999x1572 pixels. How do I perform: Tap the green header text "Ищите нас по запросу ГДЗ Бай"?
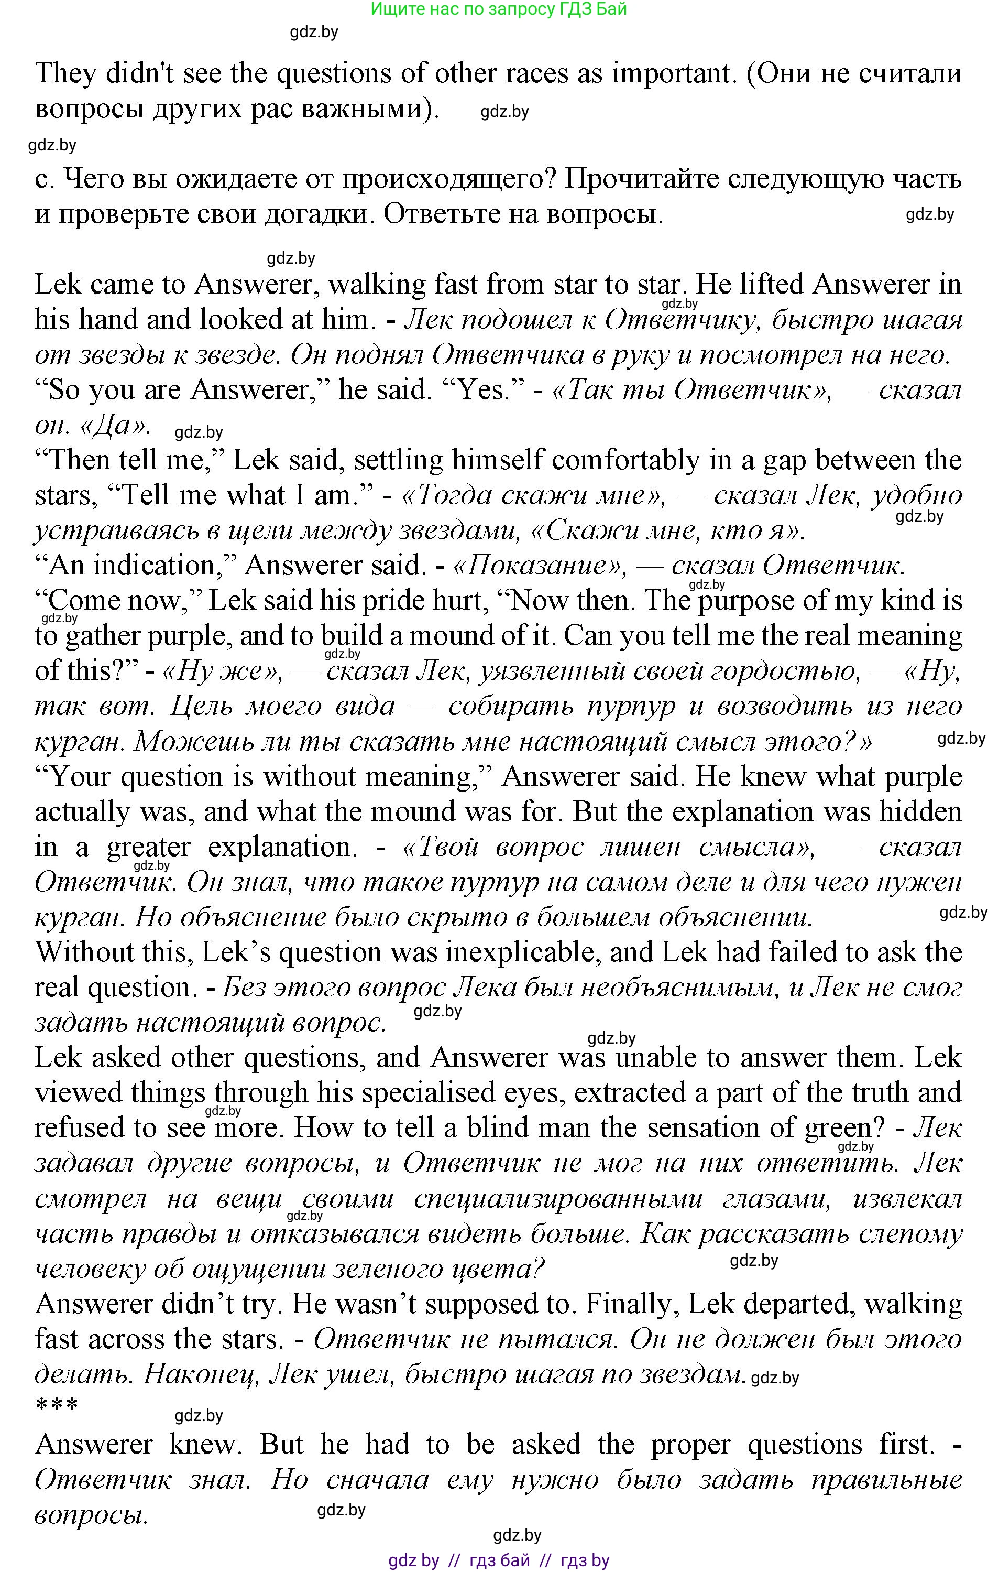click(x=499, y=9)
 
